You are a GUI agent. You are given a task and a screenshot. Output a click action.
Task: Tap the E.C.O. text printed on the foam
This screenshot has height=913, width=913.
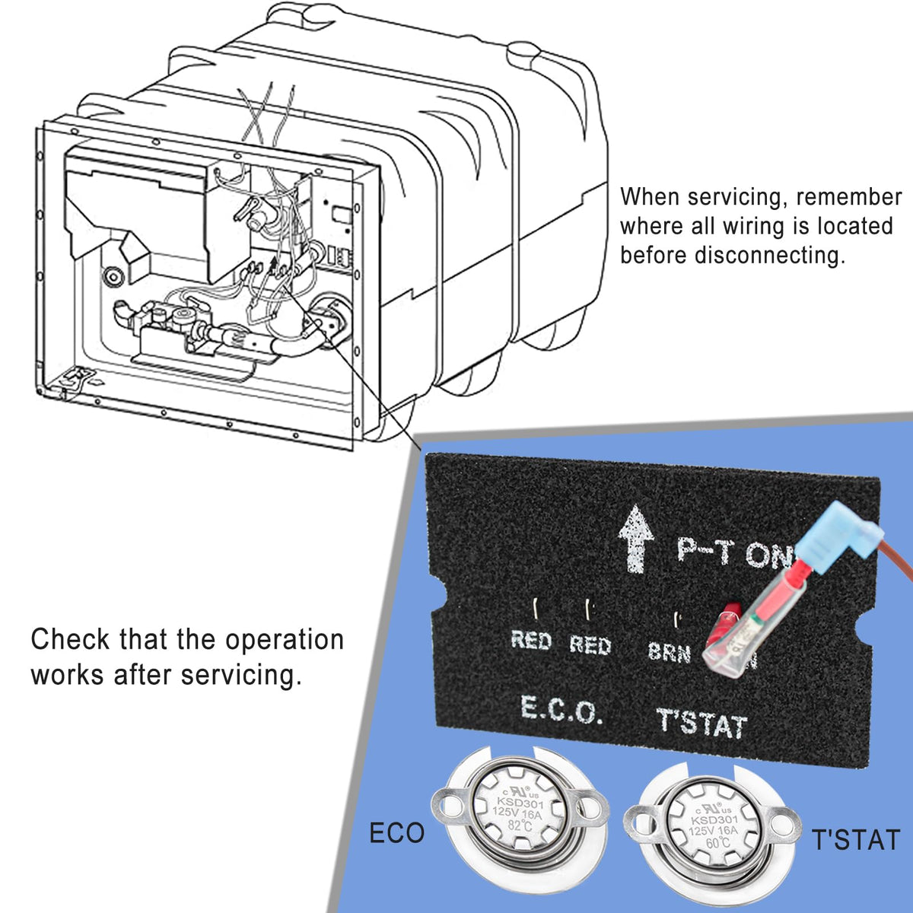point(562,711)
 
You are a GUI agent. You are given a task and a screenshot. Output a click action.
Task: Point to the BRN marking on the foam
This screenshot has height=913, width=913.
point(669,652)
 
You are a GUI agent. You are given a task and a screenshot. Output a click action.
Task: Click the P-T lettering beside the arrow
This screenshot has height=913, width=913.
point(704,550)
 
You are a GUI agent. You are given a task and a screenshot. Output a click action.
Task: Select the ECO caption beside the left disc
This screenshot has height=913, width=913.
point(396,833)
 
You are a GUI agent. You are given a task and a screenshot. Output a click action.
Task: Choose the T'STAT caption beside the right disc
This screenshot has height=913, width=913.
point(856,841)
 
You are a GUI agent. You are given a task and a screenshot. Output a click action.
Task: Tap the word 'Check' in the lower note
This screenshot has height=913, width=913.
point(68,639)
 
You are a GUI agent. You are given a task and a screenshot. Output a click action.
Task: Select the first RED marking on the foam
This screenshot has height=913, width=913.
point(530,641)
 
